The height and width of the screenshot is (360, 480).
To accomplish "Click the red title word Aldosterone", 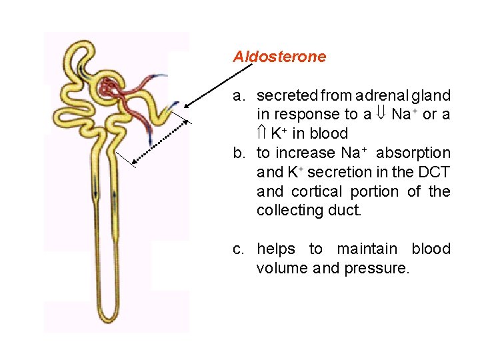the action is tap(279, 57).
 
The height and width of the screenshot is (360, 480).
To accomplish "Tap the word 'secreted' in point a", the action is tap(285, 96).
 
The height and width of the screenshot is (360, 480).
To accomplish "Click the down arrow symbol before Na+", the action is tap(382, 115).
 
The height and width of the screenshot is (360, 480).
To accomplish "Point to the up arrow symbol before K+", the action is tap(261, 133).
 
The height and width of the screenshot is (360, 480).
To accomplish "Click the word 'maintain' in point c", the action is tap(369, 249).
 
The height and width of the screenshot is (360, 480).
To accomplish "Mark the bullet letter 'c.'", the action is tap(240, 249).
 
